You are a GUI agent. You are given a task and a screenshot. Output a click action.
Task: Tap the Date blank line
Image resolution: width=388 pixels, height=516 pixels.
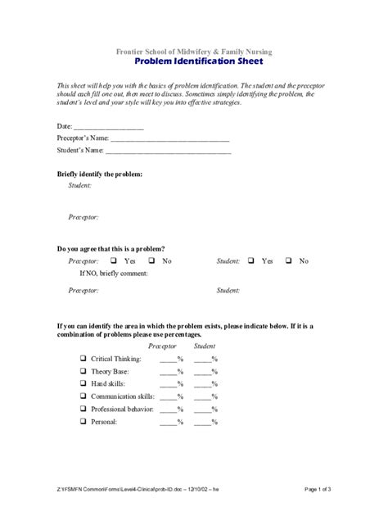(109, 128)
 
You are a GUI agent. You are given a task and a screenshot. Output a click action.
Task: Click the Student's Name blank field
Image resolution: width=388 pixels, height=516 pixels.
(168, 151)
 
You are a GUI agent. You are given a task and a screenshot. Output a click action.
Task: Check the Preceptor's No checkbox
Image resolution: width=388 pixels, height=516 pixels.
(151, 260)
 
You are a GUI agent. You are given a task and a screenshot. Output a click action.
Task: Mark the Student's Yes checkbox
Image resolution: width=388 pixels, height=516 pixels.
(250, 260)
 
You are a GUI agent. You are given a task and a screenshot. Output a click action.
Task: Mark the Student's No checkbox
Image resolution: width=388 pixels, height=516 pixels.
(289, 260)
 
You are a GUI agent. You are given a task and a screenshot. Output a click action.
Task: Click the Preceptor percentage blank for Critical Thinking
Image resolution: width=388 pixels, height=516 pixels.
(169, 360)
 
